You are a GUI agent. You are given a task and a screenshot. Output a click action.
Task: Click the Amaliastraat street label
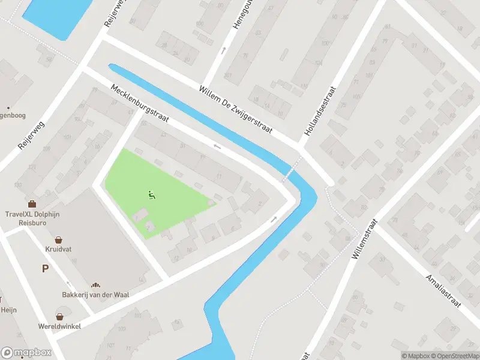(442, 290)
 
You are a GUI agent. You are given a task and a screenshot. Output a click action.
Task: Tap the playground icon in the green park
(151, 194)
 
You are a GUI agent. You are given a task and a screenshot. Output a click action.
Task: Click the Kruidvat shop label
(59, 248)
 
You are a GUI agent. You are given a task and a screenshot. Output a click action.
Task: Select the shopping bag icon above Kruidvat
(59, 239)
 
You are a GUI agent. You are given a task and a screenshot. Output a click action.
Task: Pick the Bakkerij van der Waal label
(95, 295)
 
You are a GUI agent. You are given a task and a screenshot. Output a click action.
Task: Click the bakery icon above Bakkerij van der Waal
(95, 285)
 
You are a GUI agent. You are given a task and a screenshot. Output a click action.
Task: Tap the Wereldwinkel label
(60, 326)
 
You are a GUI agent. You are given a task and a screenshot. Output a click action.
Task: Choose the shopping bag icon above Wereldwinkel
(60, 316)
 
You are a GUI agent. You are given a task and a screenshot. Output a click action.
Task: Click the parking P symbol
(45, 269)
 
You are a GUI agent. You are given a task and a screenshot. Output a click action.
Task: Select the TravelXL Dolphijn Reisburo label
(31, 218)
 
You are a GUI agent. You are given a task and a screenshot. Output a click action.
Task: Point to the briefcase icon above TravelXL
(31, 204)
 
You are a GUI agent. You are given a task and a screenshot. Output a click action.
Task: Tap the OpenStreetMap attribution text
(454, 356)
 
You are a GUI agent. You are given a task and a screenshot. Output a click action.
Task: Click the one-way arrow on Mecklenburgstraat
(217, 146)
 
